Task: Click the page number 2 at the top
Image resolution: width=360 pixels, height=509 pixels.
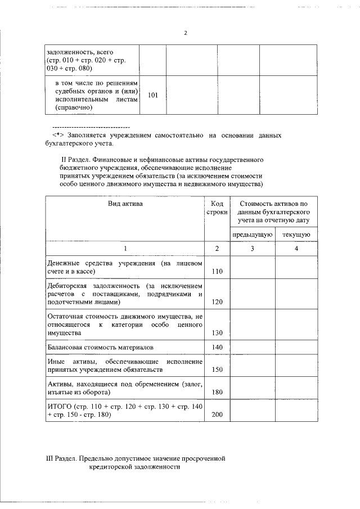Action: pos(184,33)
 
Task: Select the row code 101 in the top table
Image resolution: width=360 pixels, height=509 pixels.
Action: pos(152,95)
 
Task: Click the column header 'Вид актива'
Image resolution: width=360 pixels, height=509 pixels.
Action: pos(125,204)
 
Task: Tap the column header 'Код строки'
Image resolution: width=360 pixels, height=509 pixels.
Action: pos(217,208)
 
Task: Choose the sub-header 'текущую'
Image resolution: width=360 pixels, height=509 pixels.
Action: pos(296,235)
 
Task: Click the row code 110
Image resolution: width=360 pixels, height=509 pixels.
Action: pos(217,272)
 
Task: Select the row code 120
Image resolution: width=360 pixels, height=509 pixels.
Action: pos(217,302)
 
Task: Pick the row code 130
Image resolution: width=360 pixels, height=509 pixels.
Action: pos(217,333)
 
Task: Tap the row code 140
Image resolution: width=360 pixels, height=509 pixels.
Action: pos(217,348)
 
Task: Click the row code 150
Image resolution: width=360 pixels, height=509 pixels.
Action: pos(217,370)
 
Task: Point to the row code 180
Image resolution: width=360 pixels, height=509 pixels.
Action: pos(217,392)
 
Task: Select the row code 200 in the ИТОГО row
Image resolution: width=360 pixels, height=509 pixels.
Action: pos(217,415)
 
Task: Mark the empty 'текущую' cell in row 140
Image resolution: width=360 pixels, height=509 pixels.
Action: pos(296,348)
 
